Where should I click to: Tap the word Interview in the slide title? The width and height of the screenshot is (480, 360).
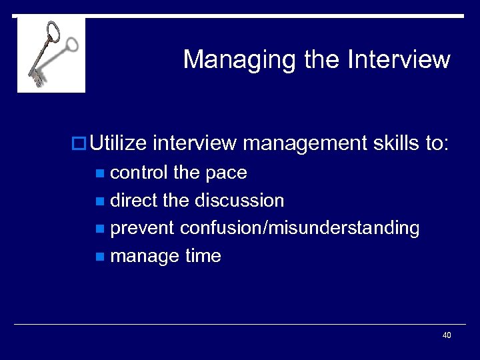399,59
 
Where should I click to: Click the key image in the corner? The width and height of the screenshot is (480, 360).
51,55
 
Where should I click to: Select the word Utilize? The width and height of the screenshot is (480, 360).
118,143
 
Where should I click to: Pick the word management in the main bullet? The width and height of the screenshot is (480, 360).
304,143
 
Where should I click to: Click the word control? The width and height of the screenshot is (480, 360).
139,173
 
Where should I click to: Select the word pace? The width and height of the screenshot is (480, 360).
226,173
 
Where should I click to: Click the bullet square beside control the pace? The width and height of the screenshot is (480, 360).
100,174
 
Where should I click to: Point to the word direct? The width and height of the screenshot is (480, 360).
134,200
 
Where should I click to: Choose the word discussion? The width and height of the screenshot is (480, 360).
239,200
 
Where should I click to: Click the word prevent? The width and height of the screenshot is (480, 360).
143,229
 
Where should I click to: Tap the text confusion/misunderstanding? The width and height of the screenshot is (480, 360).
300,229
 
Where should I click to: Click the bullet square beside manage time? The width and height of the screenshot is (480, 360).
100,257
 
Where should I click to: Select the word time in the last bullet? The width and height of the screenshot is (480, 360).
203,256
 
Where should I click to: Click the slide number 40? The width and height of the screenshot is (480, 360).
447,335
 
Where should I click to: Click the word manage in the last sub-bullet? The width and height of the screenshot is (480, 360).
143,257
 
